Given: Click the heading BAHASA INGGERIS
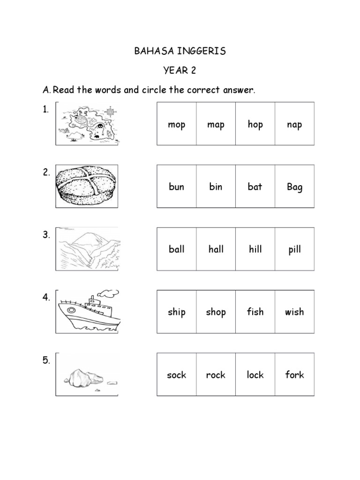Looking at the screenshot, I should [x=180, y=51].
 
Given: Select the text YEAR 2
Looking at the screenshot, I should [x=180, y=70].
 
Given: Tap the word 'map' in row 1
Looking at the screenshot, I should [x=216, y=124].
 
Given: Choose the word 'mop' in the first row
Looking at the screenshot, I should [x=177, y=124].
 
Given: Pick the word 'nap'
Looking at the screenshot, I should [x=294, y=124].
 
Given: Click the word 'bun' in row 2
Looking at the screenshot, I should [x=177, y=187].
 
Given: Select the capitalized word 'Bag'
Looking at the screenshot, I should [x=294, y=187].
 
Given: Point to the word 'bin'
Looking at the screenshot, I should [x=216, y=187].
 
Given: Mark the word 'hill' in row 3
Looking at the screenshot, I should [x=255, y=249].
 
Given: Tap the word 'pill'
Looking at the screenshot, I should [x=294, y=250].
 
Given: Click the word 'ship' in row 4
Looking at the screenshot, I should [x=177, y=312].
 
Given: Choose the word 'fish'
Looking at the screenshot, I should [x=255, y=312].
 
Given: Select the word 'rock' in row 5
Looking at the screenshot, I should [x=216, y=375].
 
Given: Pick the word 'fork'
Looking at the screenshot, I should [x=294, y=375].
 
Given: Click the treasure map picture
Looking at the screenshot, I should [x=87, y=124].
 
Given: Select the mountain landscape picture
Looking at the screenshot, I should [x=88, y=249].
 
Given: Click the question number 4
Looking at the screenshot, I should [x=46, y=298].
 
